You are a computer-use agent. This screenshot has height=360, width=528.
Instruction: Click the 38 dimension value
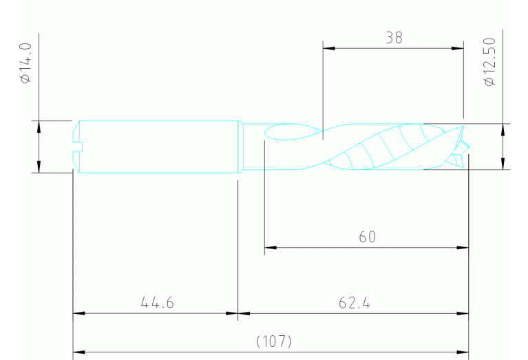tap(394, 38)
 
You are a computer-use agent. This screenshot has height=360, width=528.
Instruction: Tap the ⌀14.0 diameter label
tap(26, 63)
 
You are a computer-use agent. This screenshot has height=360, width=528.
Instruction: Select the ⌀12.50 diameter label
tap(489, 63)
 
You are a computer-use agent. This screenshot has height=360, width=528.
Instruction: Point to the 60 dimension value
tap(367, 237)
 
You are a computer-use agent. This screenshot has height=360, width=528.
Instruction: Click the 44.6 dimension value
tap(156, 302)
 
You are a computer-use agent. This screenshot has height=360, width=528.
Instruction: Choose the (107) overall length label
tap(274, 341)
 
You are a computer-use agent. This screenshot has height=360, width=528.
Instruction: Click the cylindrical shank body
tap(158, 147)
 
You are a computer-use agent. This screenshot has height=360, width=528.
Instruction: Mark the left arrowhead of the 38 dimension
tap(328, 48)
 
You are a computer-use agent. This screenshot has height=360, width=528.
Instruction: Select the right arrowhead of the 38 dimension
tap(459, 48)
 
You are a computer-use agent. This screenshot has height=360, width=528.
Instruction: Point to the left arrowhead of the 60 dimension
tap(270, 247)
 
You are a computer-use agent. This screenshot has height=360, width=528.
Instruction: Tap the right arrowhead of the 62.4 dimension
tap(464, 313)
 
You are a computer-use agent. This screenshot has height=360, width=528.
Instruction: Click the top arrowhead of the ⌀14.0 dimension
tap(39, 125)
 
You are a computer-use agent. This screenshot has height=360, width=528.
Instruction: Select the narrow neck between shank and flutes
tap(252, 147)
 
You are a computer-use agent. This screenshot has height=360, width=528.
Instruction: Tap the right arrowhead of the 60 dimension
tap(464, 247)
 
